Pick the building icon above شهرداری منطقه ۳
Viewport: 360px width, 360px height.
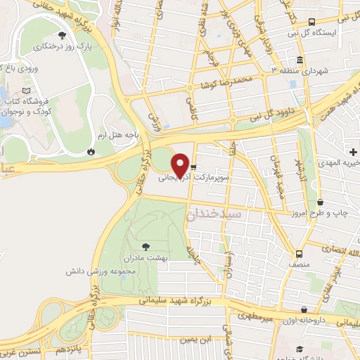(x=300, y=59)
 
